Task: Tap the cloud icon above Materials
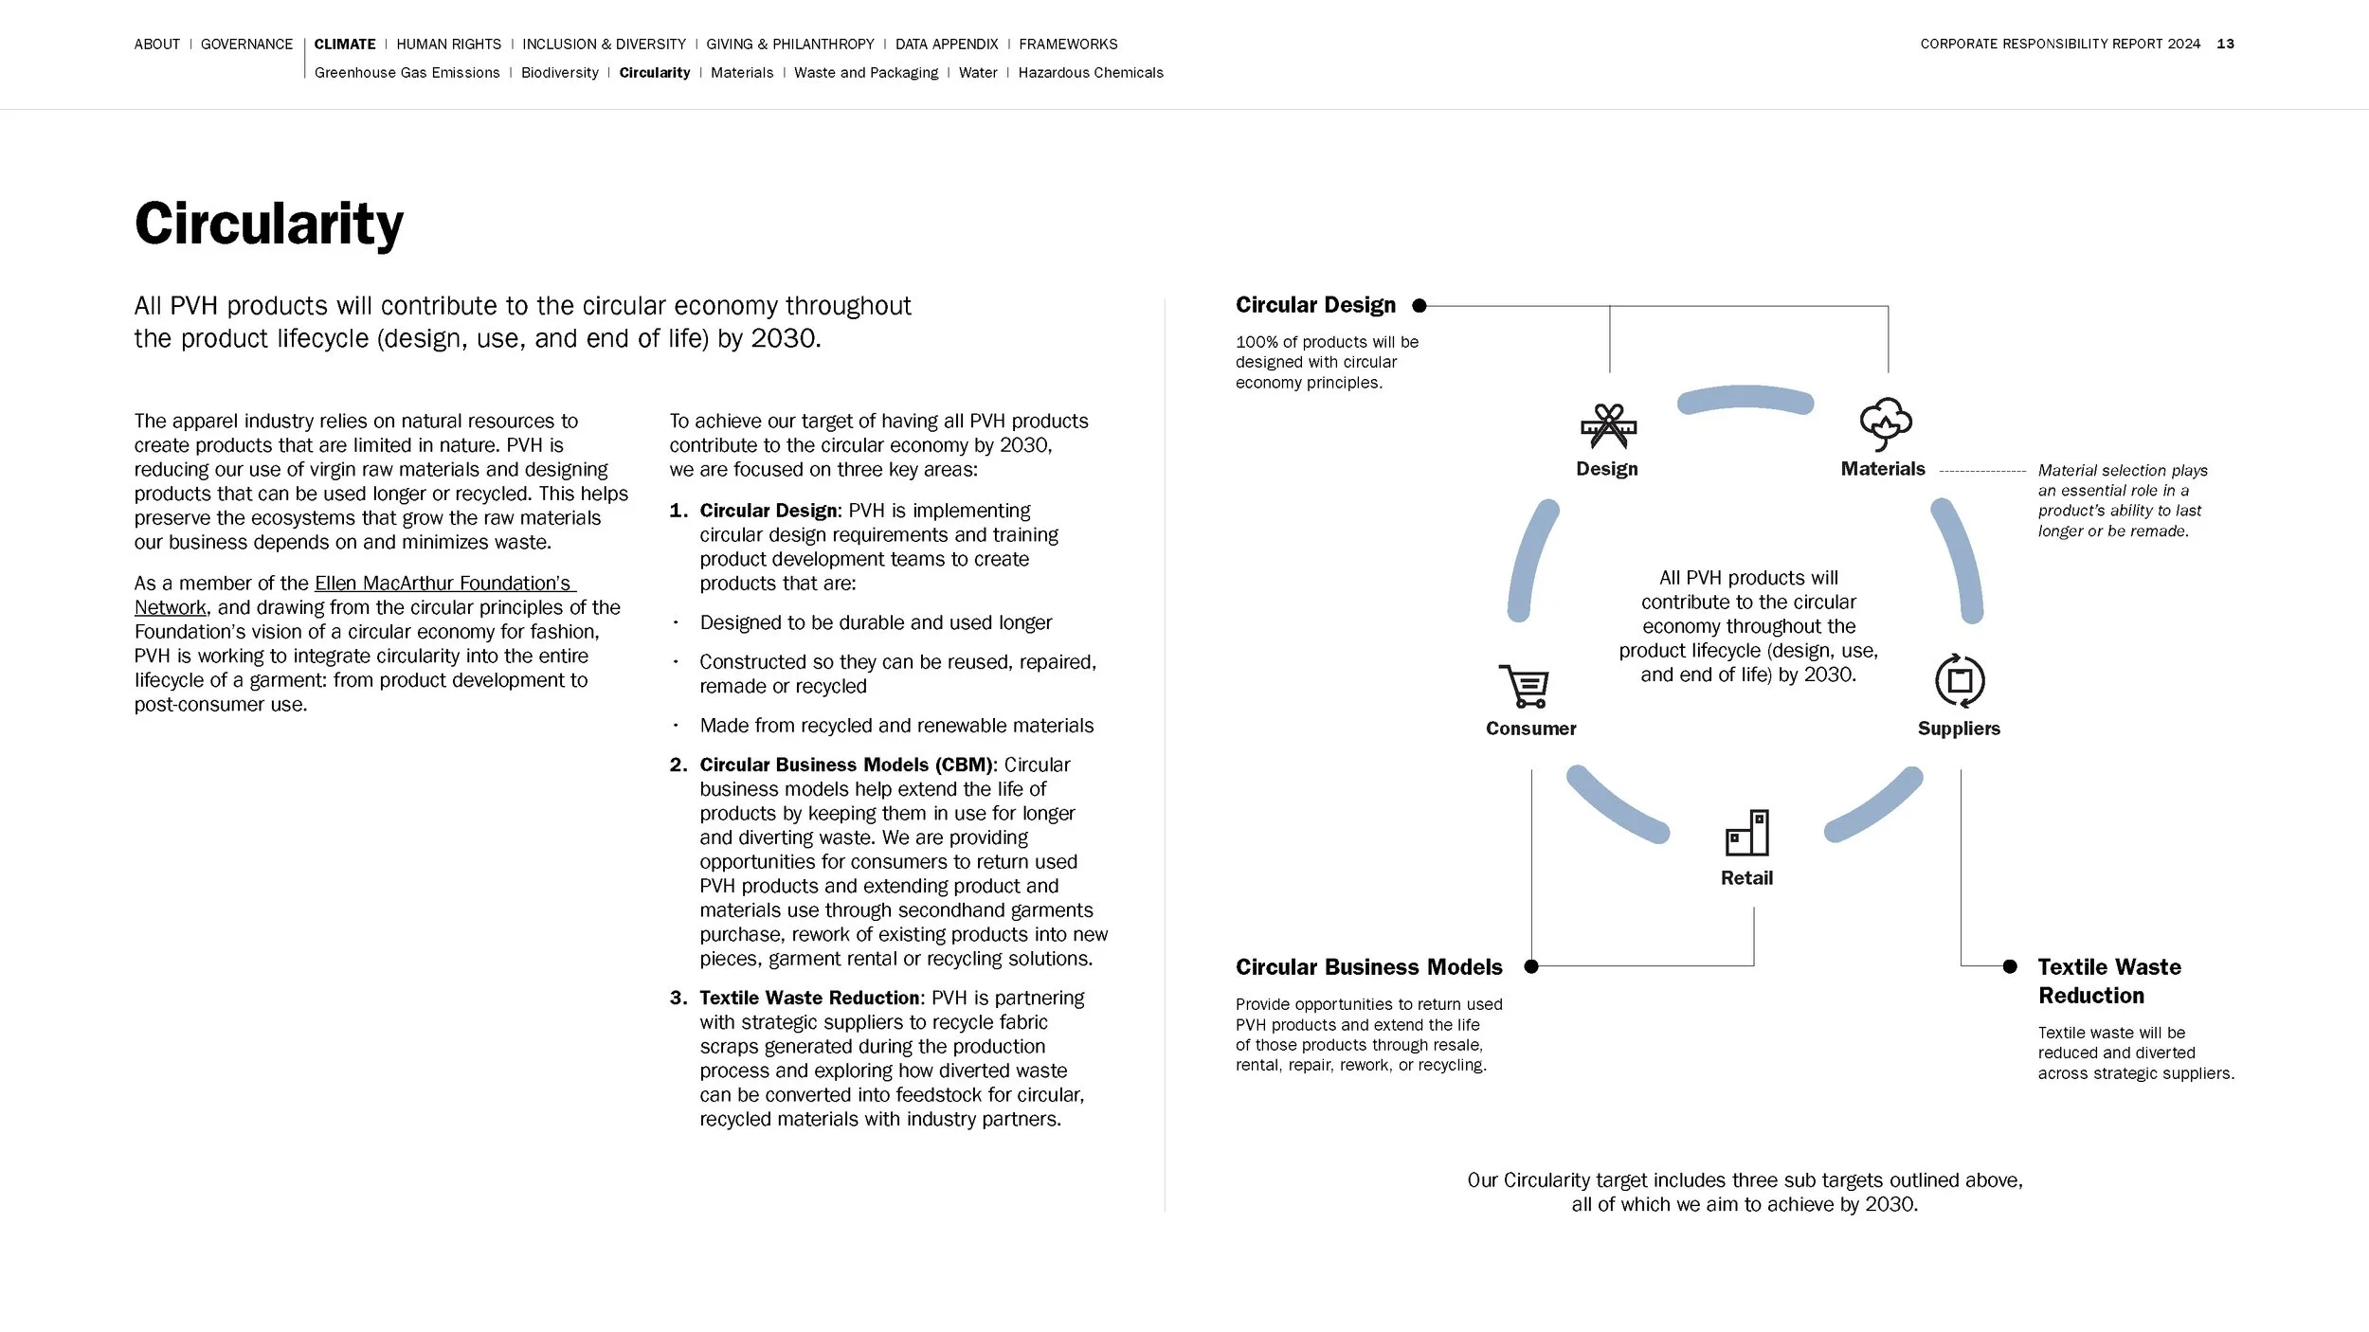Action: click(1885, 423)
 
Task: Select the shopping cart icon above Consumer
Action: click(1524, 686)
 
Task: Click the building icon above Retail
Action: click(1747, 833)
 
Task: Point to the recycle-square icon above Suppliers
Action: click(1959, 680)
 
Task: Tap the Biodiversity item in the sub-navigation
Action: click(559, 73)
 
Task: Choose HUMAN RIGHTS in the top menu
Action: click(448, 45)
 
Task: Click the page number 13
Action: click(2225, 45)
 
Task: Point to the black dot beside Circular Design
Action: click(1419, 305)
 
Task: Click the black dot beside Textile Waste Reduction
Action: click(2010, 966)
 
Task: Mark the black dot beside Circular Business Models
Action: click(1531, 966)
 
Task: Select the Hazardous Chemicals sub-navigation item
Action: click(1090, 73)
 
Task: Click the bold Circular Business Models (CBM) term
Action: click(846, 765)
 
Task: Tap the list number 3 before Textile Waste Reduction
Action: click(677, 998)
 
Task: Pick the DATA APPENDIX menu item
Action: click(946, 45)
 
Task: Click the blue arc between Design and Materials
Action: click(1745, 399)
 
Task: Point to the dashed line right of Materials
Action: click(1982, 471)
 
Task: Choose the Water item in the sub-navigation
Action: click(977, 73)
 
